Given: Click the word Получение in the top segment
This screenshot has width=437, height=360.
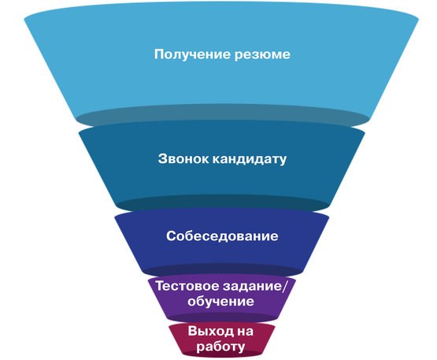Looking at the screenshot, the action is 193,54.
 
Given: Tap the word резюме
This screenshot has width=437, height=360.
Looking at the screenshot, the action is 262,55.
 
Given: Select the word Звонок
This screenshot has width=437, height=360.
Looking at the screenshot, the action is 183,158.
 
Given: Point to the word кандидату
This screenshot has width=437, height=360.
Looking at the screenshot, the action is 250,159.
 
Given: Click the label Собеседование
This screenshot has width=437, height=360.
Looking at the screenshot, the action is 222,236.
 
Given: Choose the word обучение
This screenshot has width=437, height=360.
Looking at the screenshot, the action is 220,302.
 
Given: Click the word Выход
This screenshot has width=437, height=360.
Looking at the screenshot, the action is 211,332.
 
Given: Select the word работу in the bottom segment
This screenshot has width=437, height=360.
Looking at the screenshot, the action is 220,347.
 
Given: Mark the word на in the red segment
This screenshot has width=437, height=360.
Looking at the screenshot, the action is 245,332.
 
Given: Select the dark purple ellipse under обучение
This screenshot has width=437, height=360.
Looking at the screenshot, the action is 223,317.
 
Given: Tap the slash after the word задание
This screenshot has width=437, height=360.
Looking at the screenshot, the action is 284,287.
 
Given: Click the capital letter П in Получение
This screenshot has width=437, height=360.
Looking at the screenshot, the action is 160,54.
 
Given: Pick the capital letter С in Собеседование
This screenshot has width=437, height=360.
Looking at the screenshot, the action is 172,236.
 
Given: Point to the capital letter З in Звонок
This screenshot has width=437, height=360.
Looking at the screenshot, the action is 163,158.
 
